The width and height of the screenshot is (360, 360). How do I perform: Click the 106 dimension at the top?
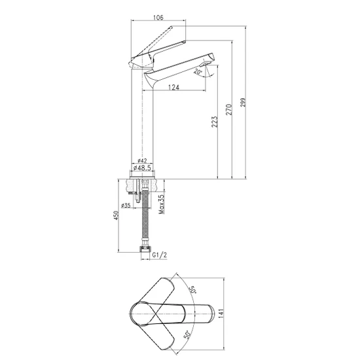[x=158, y=18]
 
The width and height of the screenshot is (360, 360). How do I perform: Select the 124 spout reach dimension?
[x=174, y=87]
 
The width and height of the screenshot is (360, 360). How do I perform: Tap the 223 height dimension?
[x=215, y=122]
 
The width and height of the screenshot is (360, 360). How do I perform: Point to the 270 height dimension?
[x=229, y=109]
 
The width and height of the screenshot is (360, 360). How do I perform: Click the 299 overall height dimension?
[x=243, y=102]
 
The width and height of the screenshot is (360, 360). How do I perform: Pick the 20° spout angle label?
[x=198, y=71]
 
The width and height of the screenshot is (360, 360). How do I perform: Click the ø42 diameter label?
[x=142, y=161]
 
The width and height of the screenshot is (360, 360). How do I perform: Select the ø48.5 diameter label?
[x=142, y=168]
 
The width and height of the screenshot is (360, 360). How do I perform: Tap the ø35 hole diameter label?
[x=126, y=206]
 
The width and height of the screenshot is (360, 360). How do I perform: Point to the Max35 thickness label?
[x=162, y=204]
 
